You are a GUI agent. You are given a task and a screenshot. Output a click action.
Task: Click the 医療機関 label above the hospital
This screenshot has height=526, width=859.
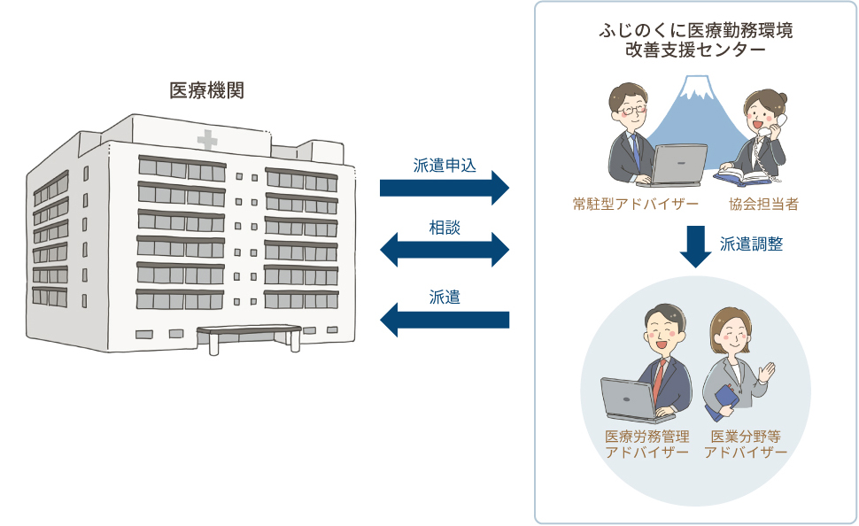tap(206, 90)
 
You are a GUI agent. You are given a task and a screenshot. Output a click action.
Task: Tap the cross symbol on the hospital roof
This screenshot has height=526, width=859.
tap(207, 140)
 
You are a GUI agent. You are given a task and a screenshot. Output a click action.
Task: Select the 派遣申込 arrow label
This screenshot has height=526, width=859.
tap(445, 166)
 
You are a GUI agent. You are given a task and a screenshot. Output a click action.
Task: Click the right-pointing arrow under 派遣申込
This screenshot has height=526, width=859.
tap(445, 188)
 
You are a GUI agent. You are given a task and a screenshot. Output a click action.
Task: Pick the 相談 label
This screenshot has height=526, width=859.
tap(445, 228)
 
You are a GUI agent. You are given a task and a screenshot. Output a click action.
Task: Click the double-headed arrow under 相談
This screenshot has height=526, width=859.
tap(445, 250)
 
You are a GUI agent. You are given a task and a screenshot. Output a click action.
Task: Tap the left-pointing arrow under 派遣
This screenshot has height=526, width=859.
tap(445, 320)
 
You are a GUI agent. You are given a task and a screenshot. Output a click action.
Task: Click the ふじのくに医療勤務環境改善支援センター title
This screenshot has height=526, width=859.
tap(696, 40)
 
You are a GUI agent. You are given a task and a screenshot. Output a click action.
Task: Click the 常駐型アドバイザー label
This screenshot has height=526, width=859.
tap(636, 205)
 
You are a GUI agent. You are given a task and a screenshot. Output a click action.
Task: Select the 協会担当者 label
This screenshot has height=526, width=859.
tap(763, 205)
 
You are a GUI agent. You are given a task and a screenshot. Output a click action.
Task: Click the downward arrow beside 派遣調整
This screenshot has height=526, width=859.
tap(695, 246)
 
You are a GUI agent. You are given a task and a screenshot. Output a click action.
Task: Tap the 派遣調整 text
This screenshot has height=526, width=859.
tap(751, 244)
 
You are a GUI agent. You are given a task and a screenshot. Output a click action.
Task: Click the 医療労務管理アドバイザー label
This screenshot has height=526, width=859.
tap(647, 445)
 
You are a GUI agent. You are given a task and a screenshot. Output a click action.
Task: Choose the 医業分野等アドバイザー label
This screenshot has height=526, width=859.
tap(746, 445)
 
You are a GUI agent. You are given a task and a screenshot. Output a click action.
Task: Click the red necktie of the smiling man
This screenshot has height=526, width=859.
tap(658, 381)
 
